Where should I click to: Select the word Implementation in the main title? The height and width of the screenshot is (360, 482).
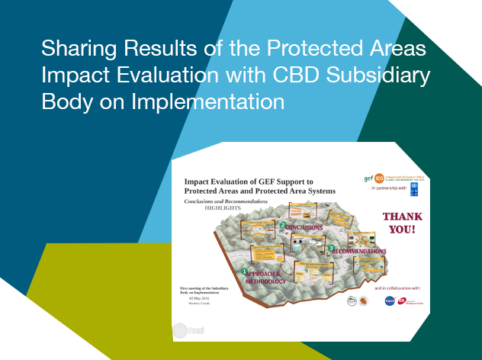click(217, 102)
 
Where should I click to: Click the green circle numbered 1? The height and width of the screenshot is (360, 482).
click(244, 271)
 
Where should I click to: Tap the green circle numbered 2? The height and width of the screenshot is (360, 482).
click(282, 226)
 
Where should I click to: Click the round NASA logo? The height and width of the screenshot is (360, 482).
click(390, 301)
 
